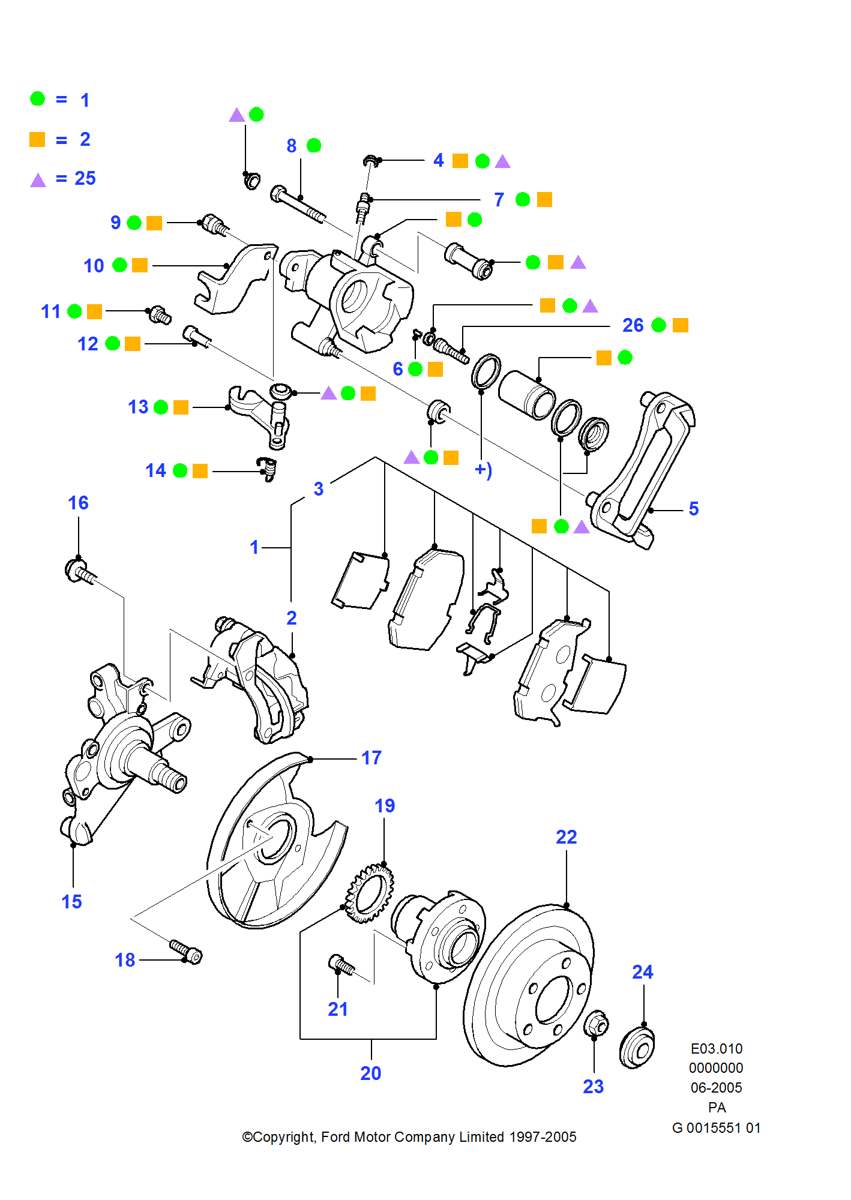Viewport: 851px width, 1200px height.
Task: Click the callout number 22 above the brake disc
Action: click(566, 837)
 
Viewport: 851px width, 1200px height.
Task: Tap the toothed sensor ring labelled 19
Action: click(370, 892)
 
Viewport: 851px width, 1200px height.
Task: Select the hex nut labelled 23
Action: click(596, 1024)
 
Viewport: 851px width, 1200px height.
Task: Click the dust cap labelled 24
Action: click(637, 1048)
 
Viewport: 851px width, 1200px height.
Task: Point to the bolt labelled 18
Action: click(186, 951)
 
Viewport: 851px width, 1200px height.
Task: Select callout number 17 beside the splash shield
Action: click(371, 758)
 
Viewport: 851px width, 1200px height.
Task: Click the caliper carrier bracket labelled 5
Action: click(642, 468)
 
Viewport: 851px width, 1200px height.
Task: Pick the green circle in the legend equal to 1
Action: click(37, 99)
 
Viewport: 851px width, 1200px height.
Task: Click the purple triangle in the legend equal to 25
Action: click(38, 180)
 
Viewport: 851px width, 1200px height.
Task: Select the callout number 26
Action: click(633, 325)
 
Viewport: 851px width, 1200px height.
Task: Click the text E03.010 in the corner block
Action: click(716, 1049)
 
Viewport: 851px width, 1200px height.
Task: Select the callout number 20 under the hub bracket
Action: click(370, 1073)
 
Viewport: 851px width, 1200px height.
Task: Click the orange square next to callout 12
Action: click(133, 344)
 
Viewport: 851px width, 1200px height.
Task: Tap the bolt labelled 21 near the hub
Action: click(341, 965)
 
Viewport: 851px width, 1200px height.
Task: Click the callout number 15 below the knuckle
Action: click(71, 902)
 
